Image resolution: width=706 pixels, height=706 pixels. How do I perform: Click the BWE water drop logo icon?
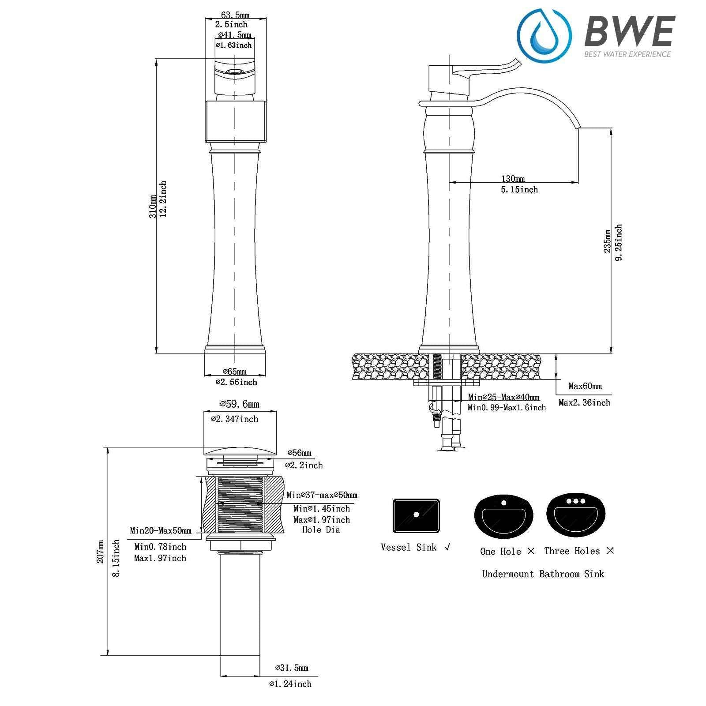pyautogui.click(x=544, y=33)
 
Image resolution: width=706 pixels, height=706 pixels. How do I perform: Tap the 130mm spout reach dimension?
pyautogui.click(x=513, y=179)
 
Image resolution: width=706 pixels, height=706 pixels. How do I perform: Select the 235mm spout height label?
pyautogui.click(x=608, y=241)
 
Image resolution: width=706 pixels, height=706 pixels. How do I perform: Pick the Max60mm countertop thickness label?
pyautogui.click(x=585, y=386)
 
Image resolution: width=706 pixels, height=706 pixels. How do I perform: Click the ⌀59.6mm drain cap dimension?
pyautogui.click(x=240, y=404)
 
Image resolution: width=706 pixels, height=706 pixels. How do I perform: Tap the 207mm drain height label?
pyautogui.click(x=101, y=551)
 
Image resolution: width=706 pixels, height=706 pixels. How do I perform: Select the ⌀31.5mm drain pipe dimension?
pyautogui.click(x=291, y=668)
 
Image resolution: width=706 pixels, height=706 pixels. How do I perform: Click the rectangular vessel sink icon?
pyautogui.click(x=416, y=516)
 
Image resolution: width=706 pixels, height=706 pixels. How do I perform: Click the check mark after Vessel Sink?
pyautogui.click(x=448, y=548)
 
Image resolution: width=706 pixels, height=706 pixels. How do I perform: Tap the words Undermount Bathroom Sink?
pyautogui.click(x=543, y=574)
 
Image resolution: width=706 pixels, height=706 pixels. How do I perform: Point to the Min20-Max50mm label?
pyautogui.click(x=161, y=530)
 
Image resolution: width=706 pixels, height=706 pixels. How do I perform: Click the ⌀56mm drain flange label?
pyautogui.click(x=299, y=453)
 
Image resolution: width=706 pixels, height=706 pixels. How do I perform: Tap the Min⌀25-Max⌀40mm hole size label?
pyautogui.click(x=503, y=397)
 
